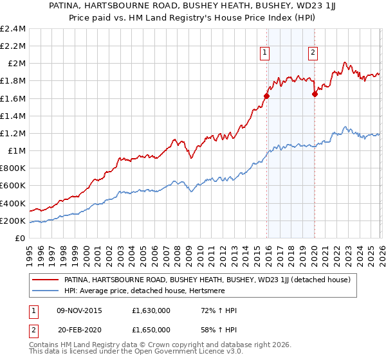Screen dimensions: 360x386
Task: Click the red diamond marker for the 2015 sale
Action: pos(266,96)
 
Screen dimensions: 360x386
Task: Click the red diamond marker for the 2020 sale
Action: pos(315,94)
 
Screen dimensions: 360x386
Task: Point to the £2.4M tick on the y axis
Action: pos(13,29)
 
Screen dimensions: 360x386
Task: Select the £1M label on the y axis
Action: pos(17,151)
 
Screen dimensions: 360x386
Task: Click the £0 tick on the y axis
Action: pos(21,239)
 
